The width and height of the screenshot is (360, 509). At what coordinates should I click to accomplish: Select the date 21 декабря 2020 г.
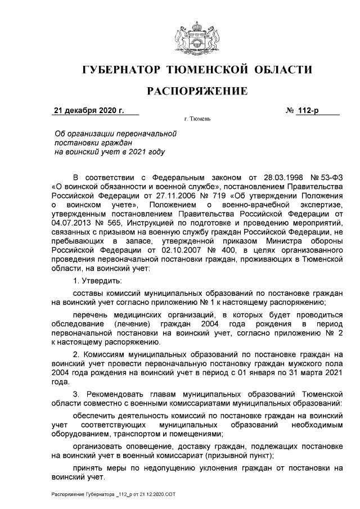click(88, 110)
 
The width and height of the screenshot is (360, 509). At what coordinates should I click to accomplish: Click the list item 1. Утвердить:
click(97, 281)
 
